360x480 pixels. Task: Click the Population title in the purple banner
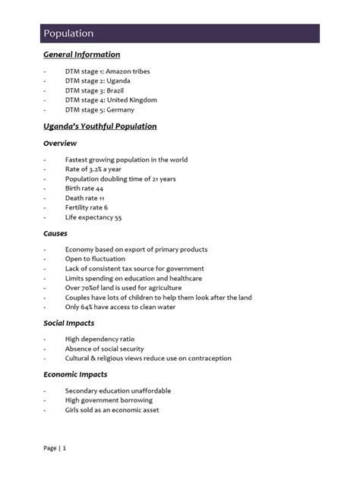click(x=68, y=33)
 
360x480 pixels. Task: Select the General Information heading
click(x=81, y=55)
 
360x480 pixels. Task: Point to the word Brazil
click(x=116, y=90)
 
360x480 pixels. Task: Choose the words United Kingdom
click(x=131, y=100)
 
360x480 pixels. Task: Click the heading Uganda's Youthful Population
click(x=99, y=126)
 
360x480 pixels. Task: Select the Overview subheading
click(x=60, y=143)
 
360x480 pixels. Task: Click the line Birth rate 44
click(x=84, y=188)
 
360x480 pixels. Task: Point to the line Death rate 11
click(x=85, y=198)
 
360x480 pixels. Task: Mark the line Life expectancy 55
click(x=93, y=217)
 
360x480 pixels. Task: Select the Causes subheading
click(x=56, y=234)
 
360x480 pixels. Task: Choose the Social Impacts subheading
click(x=69, y=323)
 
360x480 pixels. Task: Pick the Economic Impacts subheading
click(x=75, y=374)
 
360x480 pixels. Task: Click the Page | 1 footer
click(x=55, y=449)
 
